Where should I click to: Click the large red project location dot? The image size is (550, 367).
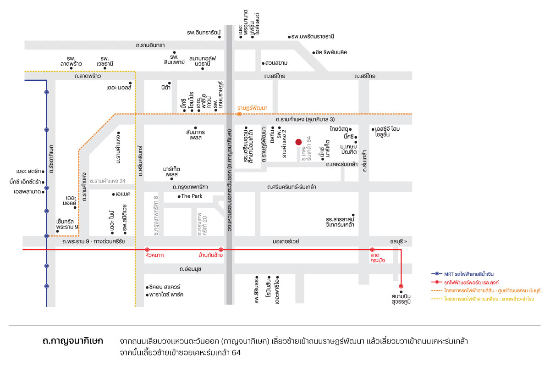coord(298,142)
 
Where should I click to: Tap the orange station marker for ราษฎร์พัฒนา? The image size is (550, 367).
coord(239,114)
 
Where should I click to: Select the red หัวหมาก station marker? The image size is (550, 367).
coord(147,250)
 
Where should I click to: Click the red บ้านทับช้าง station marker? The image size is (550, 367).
coord(221,250)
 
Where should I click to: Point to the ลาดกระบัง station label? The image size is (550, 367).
coord(377,258)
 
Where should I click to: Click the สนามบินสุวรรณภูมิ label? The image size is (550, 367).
coord(401,299)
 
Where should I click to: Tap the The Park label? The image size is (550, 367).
coord(192,196)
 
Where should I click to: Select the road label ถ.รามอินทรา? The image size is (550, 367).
coord(150,45)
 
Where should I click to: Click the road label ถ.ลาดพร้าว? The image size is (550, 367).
coord(88,76)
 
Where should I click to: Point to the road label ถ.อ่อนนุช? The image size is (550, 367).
coord(190,269)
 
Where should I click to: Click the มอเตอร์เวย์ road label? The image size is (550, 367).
coord(286,241)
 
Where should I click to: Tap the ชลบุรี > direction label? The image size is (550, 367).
coord(398,241)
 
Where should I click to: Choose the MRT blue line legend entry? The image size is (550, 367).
coord(462,274)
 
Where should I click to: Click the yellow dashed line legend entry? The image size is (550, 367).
coord(483,299)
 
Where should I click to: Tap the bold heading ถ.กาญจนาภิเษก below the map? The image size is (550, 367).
coord(73,341)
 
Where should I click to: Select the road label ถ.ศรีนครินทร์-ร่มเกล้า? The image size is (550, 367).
coord(291,187)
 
